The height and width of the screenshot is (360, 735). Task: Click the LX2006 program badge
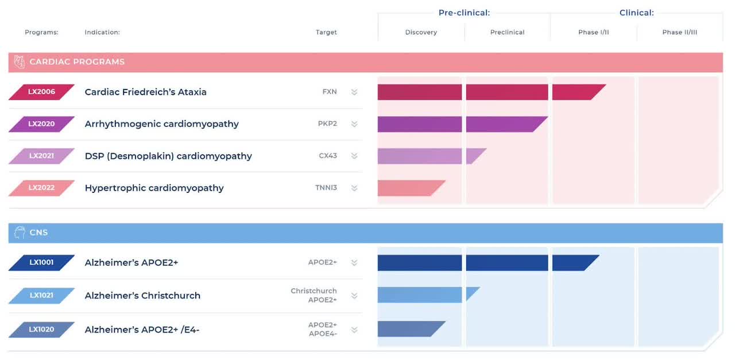[41, 92]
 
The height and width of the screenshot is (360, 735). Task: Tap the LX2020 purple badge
[41, 124]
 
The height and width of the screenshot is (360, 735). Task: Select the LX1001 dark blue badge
[41, 262]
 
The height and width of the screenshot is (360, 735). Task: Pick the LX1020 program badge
[41, 330]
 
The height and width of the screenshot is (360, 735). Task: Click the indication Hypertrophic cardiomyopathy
[154, 188]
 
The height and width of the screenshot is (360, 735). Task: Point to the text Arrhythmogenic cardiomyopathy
[161, 124]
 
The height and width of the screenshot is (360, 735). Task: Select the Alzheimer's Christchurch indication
[142, 296]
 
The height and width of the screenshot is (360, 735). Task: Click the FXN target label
[330, 92]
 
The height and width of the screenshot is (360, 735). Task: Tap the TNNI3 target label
[326, 188]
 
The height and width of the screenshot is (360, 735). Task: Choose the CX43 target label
[328, 156]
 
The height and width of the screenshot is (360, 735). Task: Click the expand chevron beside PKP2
[354, 124]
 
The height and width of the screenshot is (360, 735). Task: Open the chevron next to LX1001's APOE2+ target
[354, 263]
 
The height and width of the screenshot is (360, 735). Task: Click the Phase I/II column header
[593, 32]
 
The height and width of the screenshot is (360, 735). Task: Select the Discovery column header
[421, 32]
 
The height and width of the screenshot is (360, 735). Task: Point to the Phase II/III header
[680, 32]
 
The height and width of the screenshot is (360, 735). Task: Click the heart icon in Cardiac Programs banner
[20, 62]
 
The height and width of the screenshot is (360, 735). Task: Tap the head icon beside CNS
[20, 233]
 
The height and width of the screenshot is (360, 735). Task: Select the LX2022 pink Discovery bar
[409, 188]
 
